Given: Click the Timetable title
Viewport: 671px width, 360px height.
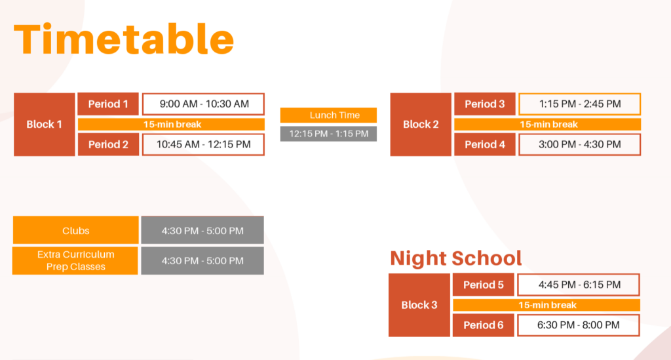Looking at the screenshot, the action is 124,39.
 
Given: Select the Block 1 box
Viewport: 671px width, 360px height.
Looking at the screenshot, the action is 44,124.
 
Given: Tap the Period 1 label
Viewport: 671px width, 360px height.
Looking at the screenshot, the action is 108,104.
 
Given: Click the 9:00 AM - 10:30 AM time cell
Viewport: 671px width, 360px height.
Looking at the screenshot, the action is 203,104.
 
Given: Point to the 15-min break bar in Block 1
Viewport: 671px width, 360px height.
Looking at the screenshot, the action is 171,125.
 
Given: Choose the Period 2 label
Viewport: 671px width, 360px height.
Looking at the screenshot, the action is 108,145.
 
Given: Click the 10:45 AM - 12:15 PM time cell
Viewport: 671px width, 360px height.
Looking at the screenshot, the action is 203,145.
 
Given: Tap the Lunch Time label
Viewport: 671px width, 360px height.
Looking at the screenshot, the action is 329,115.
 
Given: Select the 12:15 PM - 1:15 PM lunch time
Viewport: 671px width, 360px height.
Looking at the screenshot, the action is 329,134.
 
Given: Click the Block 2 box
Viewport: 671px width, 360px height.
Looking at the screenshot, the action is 421,124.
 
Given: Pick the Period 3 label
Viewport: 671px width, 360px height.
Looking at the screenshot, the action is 485,104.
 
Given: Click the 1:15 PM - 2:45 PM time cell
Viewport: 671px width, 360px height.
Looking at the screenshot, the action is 580,104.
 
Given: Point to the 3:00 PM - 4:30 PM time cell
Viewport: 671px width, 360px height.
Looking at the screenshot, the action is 580,145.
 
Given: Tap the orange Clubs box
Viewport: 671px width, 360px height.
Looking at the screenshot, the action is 76,230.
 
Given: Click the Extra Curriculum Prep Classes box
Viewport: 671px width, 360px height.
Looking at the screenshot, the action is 75,261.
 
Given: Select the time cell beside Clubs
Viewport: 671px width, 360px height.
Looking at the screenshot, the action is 202,230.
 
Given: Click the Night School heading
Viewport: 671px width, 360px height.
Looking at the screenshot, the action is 456,258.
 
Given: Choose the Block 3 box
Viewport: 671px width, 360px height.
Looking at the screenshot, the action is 419,305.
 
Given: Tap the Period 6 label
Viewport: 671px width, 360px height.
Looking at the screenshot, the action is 484,325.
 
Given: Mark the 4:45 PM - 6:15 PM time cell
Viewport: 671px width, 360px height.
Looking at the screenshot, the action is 579,285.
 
